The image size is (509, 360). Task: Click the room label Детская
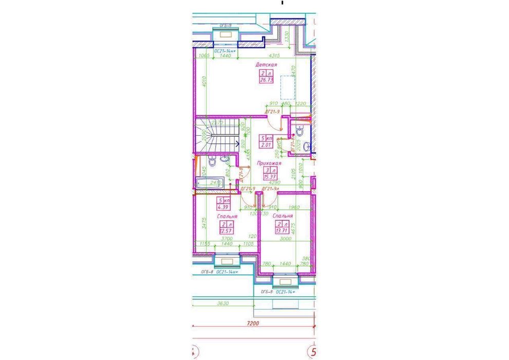pyautogui.click(x=266, y=65)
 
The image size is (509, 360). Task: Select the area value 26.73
pyautogui.click(x=266, y=81)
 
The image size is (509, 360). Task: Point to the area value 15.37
pyautogui.click(x=270, y=177)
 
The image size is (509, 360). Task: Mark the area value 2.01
pyautogui.click(x=266, y=146)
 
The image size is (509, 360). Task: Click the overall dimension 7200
pyautogui.click(x=252, y=324)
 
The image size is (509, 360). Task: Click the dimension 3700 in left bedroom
pyautogui.click(x=227, y=239)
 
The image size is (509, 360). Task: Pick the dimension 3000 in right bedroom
pyautogui.click(x=284, y=239)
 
